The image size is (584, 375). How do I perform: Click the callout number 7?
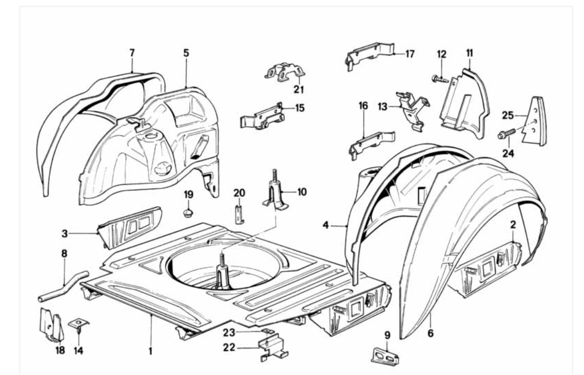click(132, 52)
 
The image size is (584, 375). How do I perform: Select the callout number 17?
click(409, 53)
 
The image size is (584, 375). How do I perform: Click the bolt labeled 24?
click(507, 134)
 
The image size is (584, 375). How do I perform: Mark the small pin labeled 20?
click(239, 213)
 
